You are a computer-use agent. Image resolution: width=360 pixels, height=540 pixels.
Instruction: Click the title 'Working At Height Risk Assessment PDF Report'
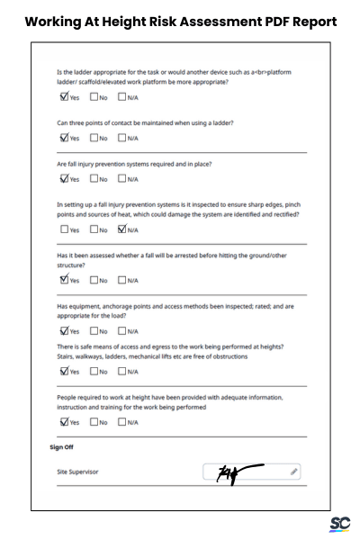(180, 21)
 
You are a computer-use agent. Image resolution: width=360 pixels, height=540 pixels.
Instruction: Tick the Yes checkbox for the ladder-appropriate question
(64, 97)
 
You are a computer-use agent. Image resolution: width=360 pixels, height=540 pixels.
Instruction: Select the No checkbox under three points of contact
(94, 138)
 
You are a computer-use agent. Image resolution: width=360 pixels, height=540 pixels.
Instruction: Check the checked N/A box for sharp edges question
(122, 229)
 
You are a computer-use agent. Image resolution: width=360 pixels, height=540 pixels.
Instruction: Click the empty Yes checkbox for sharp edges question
(64, 229)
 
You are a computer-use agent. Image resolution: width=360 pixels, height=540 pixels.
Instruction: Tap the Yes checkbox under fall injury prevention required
(64, 178)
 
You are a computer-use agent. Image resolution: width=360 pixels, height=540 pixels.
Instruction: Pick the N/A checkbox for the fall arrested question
(122, 280)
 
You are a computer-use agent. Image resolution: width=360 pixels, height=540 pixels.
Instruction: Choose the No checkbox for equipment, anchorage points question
(94, 330)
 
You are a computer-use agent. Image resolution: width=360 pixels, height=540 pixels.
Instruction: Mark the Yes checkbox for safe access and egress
(64, 371)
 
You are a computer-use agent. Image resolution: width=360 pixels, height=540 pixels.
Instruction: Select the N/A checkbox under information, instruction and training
(122, 421)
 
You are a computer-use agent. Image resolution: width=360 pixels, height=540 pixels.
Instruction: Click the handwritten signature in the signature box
(238, 472)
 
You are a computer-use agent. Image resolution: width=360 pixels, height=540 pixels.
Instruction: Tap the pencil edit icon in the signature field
(293, 471)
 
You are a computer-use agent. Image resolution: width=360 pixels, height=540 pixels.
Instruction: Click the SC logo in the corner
(339, 523)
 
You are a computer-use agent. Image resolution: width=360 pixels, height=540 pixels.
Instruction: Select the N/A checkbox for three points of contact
(122, 138)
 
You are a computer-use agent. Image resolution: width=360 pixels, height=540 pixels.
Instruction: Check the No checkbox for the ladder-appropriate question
(94, 97)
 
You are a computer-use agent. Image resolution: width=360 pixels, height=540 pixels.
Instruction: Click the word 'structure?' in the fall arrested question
(71, 265)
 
